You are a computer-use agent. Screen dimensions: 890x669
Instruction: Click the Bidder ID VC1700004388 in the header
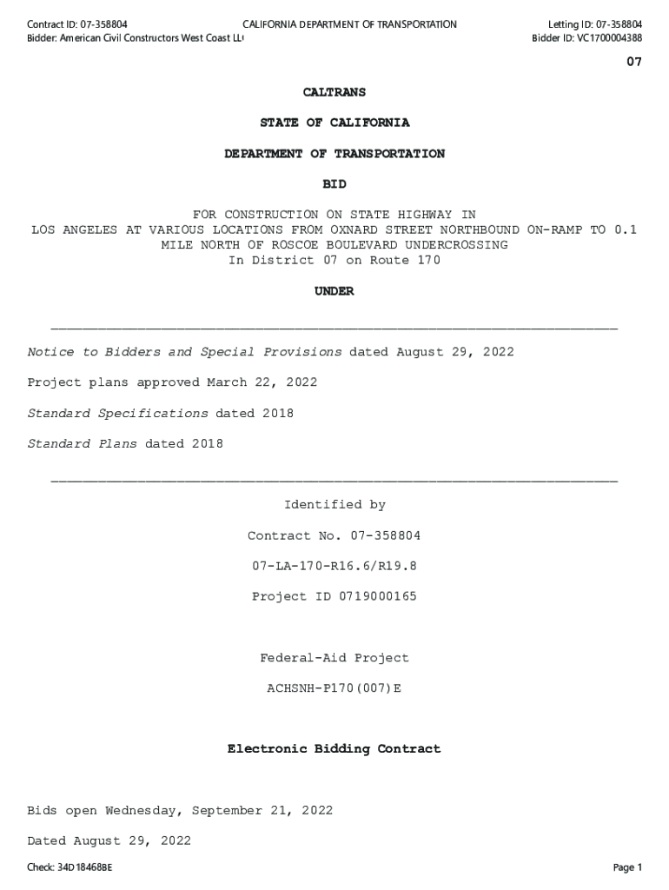pos(587,38)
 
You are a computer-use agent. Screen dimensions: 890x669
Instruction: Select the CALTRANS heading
pos(334,92)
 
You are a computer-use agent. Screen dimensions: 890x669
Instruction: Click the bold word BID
pos(334,184)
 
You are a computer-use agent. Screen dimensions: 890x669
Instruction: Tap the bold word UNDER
pos(334,292)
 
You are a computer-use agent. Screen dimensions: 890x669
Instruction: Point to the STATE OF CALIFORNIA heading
pos(334,123)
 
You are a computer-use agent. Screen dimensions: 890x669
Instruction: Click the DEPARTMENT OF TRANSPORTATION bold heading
pos(334,154)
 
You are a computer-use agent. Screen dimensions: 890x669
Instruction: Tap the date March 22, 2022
pos(262,382)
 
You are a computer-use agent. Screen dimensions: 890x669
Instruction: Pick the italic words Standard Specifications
pos(117,414)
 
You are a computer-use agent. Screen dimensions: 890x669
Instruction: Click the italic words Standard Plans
pos(82,444)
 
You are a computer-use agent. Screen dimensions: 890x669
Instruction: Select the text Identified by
pos(334,505)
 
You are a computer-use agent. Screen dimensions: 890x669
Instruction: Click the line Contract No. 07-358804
pos(334,536)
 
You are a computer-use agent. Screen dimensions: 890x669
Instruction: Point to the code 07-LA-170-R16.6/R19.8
pos(334,567)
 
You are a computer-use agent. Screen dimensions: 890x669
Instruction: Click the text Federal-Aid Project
pos(334,658)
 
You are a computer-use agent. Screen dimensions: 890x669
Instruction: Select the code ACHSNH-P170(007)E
pos(334,689)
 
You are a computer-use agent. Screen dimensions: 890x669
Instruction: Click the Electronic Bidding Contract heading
pos(334,749)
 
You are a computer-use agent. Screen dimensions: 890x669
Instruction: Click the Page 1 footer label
pos(627,867)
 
